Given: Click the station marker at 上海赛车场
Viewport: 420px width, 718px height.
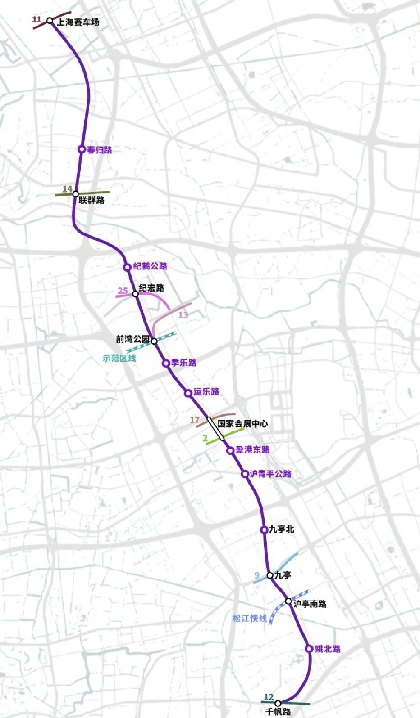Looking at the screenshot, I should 50,21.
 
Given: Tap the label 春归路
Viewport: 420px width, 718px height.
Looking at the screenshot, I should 99,150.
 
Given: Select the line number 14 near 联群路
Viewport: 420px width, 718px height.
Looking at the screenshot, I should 67,189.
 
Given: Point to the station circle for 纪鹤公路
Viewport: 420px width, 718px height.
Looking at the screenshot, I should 127,267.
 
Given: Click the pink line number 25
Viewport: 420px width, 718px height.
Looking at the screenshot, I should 123,291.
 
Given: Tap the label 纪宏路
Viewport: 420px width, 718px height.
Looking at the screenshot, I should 151,288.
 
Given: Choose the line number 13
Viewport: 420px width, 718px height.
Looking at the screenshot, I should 183,315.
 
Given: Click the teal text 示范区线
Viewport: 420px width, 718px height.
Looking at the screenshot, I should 119,358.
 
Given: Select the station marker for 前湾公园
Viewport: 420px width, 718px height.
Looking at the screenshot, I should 154,341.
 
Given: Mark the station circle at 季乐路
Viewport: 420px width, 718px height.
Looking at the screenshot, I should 166,363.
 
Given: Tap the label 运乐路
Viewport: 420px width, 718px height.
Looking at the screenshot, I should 206,391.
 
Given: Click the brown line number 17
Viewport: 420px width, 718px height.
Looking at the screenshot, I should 195,420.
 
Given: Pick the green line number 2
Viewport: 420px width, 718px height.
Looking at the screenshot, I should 205,438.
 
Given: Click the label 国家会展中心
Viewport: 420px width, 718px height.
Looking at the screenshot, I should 243,423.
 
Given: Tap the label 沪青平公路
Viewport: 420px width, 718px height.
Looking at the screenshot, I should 270,474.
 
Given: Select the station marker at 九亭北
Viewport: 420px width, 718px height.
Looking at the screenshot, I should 264,530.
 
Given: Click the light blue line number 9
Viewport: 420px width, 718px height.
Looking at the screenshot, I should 257,575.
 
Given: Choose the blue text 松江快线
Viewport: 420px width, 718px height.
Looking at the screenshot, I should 249,619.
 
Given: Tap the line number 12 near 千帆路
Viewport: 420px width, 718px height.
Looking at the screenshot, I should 269,697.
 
